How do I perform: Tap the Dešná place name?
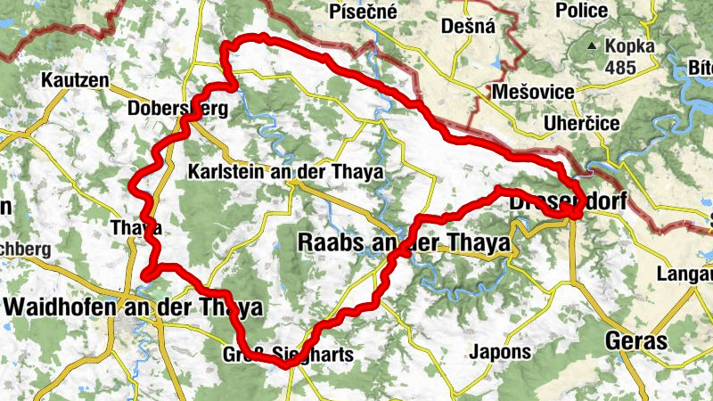click(x=468, y=26)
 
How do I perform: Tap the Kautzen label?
click(x=75, y=81)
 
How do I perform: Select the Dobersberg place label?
click(x=178, y=109)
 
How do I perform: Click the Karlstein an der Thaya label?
click(x=286, y=172)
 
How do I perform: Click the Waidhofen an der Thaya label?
click(x=134, y=307)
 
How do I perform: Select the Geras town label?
click(x=636, y=340)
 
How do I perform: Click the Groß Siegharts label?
click(x=287, y=355)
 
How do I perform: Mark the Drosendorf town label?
click(x=568, y=204)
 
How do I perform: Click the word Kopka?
click(x=630, y=46)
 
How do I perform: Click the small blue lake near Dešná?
click(x=496, y=63)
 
